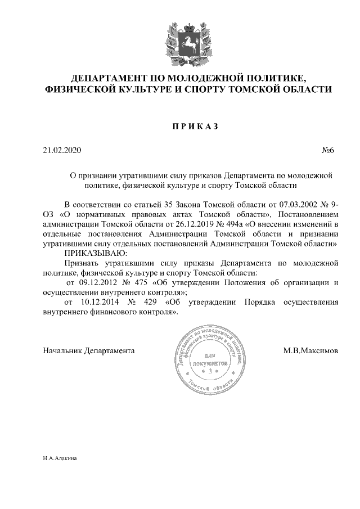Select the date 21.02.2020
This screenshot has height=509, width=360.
click(x=62, y=151)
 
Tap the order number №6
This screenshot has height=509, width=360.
click(x=328, y=151)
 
